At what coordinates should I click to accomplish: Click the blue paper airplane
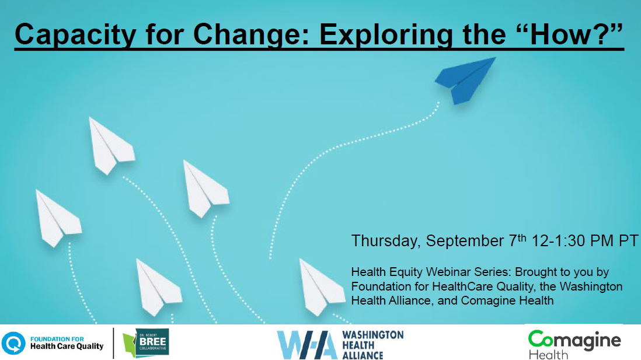[464, 81]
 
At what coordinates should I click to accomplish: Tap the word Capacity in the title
[75, 34]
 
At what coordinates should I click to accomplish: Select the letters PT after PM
[628, 241]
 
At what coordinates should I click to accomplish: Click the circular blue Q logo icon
[13, 343]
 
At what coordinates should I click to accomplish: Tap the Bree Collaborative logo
[146, 343]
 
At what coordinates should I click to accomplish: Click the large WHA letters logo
[307, 344]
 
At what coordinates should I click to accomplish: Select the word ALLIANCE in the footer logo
[363, 355]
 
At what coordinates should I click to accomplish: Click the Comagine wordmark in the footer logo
[574, 340]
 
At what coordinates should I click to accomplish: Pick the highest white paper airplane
[111, 145]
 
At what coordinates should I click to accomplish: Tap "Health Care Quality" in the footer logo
[67, 347]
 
